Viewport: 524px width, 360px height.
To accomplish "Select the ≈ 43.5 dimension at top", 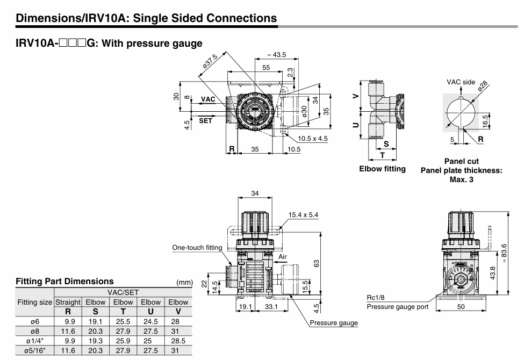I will [277, 55].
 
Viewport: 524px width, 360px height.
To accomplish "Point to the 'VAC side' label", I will [461, 82].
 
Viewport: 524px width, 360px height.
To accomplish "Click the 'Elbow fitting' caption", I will [382, 169].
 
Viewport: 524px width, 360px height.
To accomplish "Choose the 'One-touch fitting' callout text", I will [197, 247].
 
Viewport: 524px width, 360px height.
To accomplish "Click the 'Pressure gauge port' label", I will [397, 307].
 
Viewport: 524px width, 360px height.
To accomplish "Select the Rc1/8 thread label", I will [377, 297].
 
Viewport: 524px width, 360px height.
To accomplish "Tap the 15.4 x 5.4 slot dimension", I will [303, 214].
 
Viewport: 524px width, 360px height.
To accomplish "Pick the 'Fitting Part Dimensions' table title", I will [65, 281].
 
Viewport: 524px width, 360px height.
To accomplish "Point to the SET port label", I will [206, 121].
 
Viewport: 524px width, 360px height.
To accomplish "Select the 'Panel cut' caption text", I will [461, 161].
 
